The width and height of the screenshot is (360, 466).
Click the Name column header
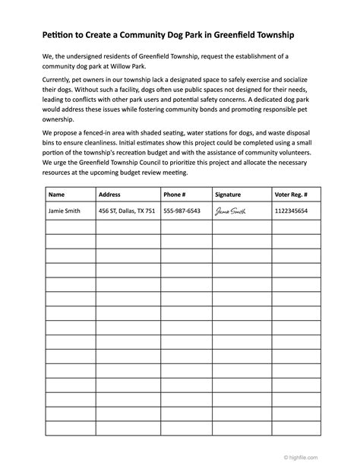click(x=57, y=194)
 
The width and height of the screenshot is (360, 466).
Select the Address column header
click(x=109, y=194)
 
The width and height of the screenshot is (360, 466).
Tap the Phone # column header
click(x=174, y=194)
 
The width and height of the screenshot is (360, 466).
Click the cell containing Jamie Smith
click(x=65, y=211)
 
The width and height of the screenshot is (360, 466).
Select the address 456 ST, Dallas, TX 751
click(x=127, y=211)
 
